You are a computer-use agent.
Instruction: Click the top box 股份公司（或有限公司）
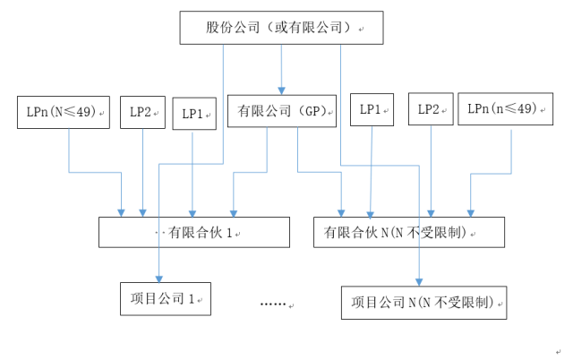(x=281, y=28)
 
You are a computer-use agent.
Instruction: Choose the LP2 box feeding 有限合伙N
(x=432, y=109)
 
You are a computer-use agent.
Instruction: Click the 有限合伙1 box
(x=194, y=232)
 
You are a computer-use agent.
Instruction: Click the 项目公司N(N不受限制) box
(x=423, y=302)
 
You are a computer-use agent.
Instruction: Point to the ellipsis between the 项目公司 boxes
(x=272, y=304)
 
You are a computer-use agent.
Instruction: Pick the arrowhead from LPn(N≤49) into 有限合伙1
(x=122, y=212)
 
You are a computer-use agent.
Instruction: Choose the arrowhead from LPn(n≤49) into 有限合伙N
(x=472, y=212)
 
